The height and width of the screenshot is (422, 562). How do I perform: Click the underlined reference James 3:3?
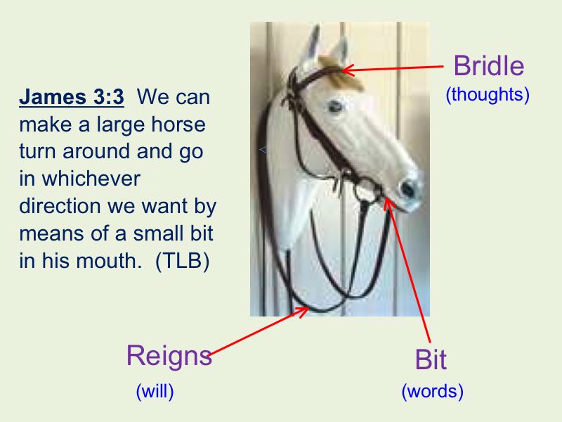(x=72, y=97)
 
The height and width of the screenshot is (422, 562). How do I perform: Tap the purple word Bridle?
(x=489, y=66)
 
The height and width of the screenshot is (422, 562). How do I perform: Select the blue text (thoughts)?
(x=488, y=95)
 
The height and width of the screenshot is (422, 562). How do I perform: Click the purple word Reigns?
(x=169, y=357)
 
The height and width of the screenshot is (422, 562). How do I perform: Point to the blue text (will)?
(x=155, y=391)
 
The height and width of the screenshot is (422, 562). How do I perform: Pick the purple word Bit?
(x=431, y=359)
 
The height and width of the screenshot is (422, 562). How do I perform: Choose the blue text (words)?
(x=432, y=391)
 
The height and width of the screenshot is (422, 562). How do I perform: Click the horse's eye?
(x=335, y=106)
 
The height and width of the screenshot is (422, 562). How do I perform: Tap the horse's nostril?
(x=408, y=188)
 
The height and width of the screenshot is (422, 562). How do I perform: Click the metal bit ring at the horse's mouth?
(x=367, y=190)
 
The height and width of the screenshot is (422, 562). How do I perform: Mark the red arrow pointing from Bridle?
(x=393, y=68)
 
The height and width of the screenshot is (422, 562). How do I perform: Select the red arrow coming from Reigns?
(x=259, y=331)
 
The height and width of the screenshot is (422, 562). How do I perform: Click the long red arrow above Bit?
(x=407, y=269)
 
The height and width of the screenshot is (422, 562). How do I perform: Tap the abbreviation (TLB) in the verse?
(x=183, y=261)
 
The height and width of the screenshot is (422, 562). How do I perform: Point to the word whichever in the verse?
(x=91, y=179)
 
